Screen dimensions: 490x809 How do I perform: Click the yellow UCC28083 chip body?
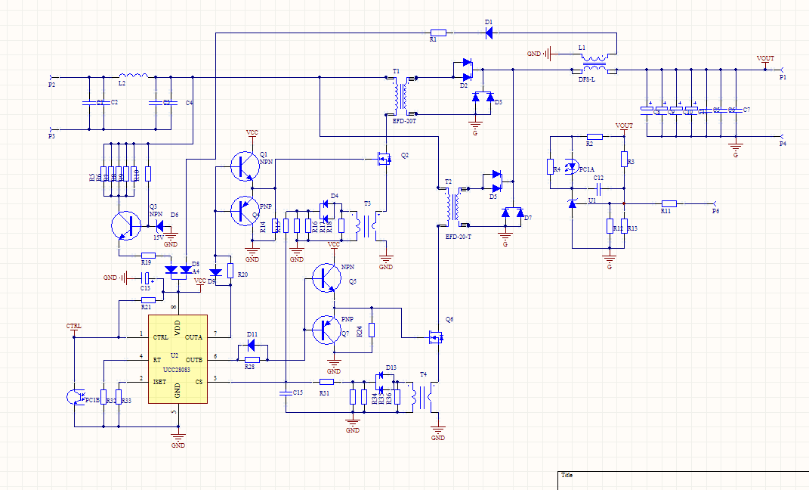coord(178,359)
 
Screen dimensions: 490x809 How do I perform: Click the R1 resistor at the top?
coord(438,33)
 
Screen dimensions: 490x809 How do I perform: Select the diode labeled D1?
coord(489,33)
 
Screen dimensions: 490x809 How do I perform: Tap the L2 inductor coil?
coord(133,76)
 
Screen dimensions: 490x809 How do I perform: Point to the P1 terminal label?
coord(783,77)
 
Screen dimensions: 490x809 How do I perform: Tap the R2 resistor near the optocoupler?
coord(594,137)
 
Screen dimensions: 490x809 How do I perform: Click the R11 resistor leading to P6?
coord(669,203)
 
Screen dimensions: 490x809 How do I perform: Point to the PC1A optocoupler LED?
coord(572,166)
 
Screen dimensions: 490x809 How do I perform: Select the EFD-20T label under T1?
coord(404,119)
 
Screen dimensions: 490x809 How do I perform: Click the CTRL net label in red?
coord(74,326)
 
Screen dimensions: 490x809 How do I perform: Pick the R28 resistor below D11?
coord(252,359)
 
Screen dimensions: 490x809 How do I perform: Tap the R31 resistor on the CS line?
coord(326,382)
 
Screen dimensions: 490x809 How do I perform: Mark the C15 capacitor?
coord(286,393)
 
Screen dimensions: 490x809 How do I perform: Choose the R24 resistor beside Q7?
coord(371,330)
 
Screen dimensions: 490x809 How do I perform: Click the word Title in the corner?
coord(567,475)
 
